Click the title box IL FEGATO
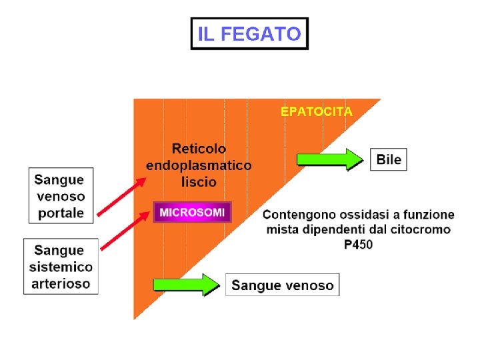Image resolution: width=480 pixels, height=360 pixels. coord(250,33)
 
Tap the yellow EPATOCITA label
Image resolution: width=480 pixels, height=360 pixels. coord(316,111)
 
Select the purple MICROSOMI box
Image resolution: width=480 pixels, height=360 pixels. coord(193,213)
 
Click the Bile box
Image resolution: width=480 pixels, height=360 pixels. coord(389,159)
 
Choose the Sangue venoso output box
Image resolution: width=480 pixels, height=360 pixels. coord(282,285)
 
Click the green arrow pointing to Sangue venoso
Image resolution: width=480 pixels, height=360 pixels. coord(186,284)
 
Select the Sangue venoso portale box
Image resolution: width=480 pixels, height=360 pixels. coord(61,196)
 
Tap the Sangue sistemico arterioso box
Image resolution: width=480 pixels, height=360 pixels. coord(61,267)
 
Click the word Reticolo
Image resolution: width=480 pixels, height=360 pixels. coord(199,148)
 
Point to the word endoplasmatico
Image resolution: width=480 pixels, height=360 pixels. coord(199,165)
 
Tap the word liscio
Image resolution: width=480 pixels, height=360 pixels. coord(199,181)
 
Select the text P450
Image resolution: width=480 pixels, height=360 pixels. coord(358,245)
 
